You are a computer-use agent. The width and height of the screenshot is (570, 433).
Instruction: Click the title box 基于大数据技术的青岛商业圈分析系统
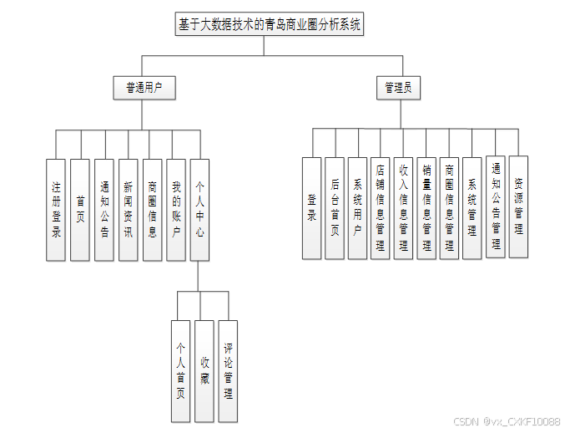[270, 25]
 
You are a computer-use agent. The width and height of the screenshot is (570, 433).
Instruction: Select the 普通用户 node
[144, 87]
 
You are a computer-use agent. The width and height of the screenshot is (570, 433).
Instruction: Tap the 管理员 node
[403, 87]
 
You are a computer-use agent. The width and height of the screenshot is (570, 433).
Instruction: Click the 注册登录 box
[56, 209]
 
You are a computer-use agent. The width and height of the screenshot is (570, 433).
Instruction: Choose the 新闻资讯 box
[128, 209]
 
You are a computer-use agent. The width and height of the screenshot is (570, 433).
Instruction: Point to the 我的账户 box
[176, 209]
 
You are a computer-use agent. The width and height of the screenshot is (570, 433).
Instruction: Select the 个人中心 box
[200, 209]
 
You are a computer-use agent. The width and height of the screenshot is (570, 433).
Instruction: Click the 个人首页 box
[180, 370]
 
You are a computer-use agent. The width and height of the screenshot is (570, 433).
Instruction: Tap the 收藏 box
[204, 370]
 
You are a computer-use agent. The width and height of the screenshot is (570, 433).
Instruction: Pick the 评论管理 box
[228, 370]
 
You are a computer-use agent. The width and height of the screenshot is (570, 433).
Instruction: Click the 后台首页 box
[335, 207]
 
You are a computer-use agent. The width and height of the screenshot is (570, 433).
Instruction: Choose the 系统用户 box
[357, 207]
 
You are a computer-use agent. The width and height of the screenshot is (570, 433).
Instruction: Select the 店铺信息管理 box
[381, 207]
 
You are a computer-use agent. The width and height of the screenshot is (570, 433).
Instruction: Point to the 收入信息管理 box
[403, 207]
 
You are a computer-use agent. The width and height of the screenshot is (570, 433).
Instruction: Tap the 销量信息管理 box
[426, 207]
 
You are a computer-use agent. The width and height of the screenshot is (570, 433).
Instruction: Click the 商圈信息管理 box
[449, 207]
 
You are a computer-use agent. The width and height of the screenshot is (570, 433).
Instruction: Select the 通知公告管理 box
[496, 206]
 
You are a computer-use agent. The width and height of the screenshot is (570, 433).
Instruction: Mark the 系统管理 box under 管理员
[472, 207]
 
